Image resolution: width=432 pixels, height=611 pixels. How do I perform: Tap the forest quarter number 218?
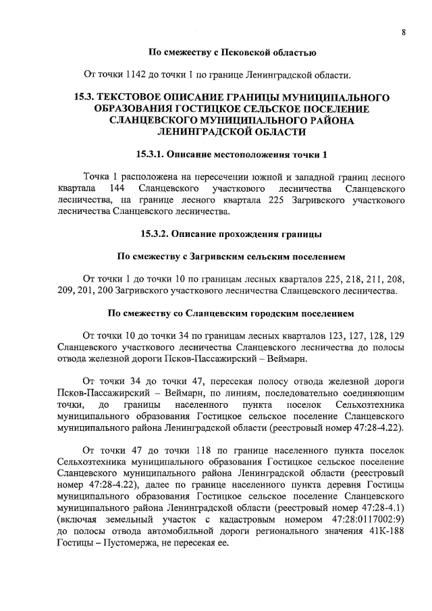pos(326,279)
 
